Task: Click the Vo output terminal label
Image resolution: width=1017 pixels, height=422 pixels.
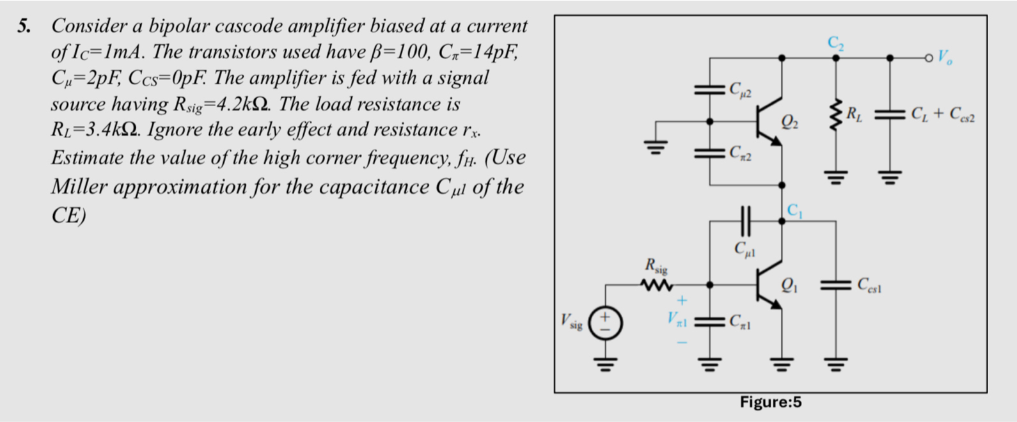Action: (945, 58)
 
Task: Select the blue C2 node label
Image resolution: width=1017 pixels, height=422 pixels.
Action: (835, 43)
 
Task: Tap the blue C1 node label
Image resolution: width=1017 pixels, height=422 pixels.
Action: (794, 210)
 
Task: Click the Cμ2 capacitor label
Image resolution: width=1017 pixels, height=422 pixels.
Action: (741, 89)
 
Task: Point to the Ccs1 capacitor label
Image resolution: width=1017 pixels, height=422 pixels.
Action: (870, 285)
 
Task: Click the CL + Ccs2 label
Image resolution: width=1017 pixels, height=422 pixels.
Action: (943, 115)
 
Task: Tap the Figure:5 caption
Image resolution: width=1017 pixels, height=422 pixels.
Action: (770, 402)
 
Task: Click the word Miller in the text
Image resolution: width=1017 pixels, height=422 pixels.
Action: (80, 187)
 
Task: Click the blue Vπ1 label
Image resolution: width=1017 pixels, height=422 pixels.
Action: (678, 318)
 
